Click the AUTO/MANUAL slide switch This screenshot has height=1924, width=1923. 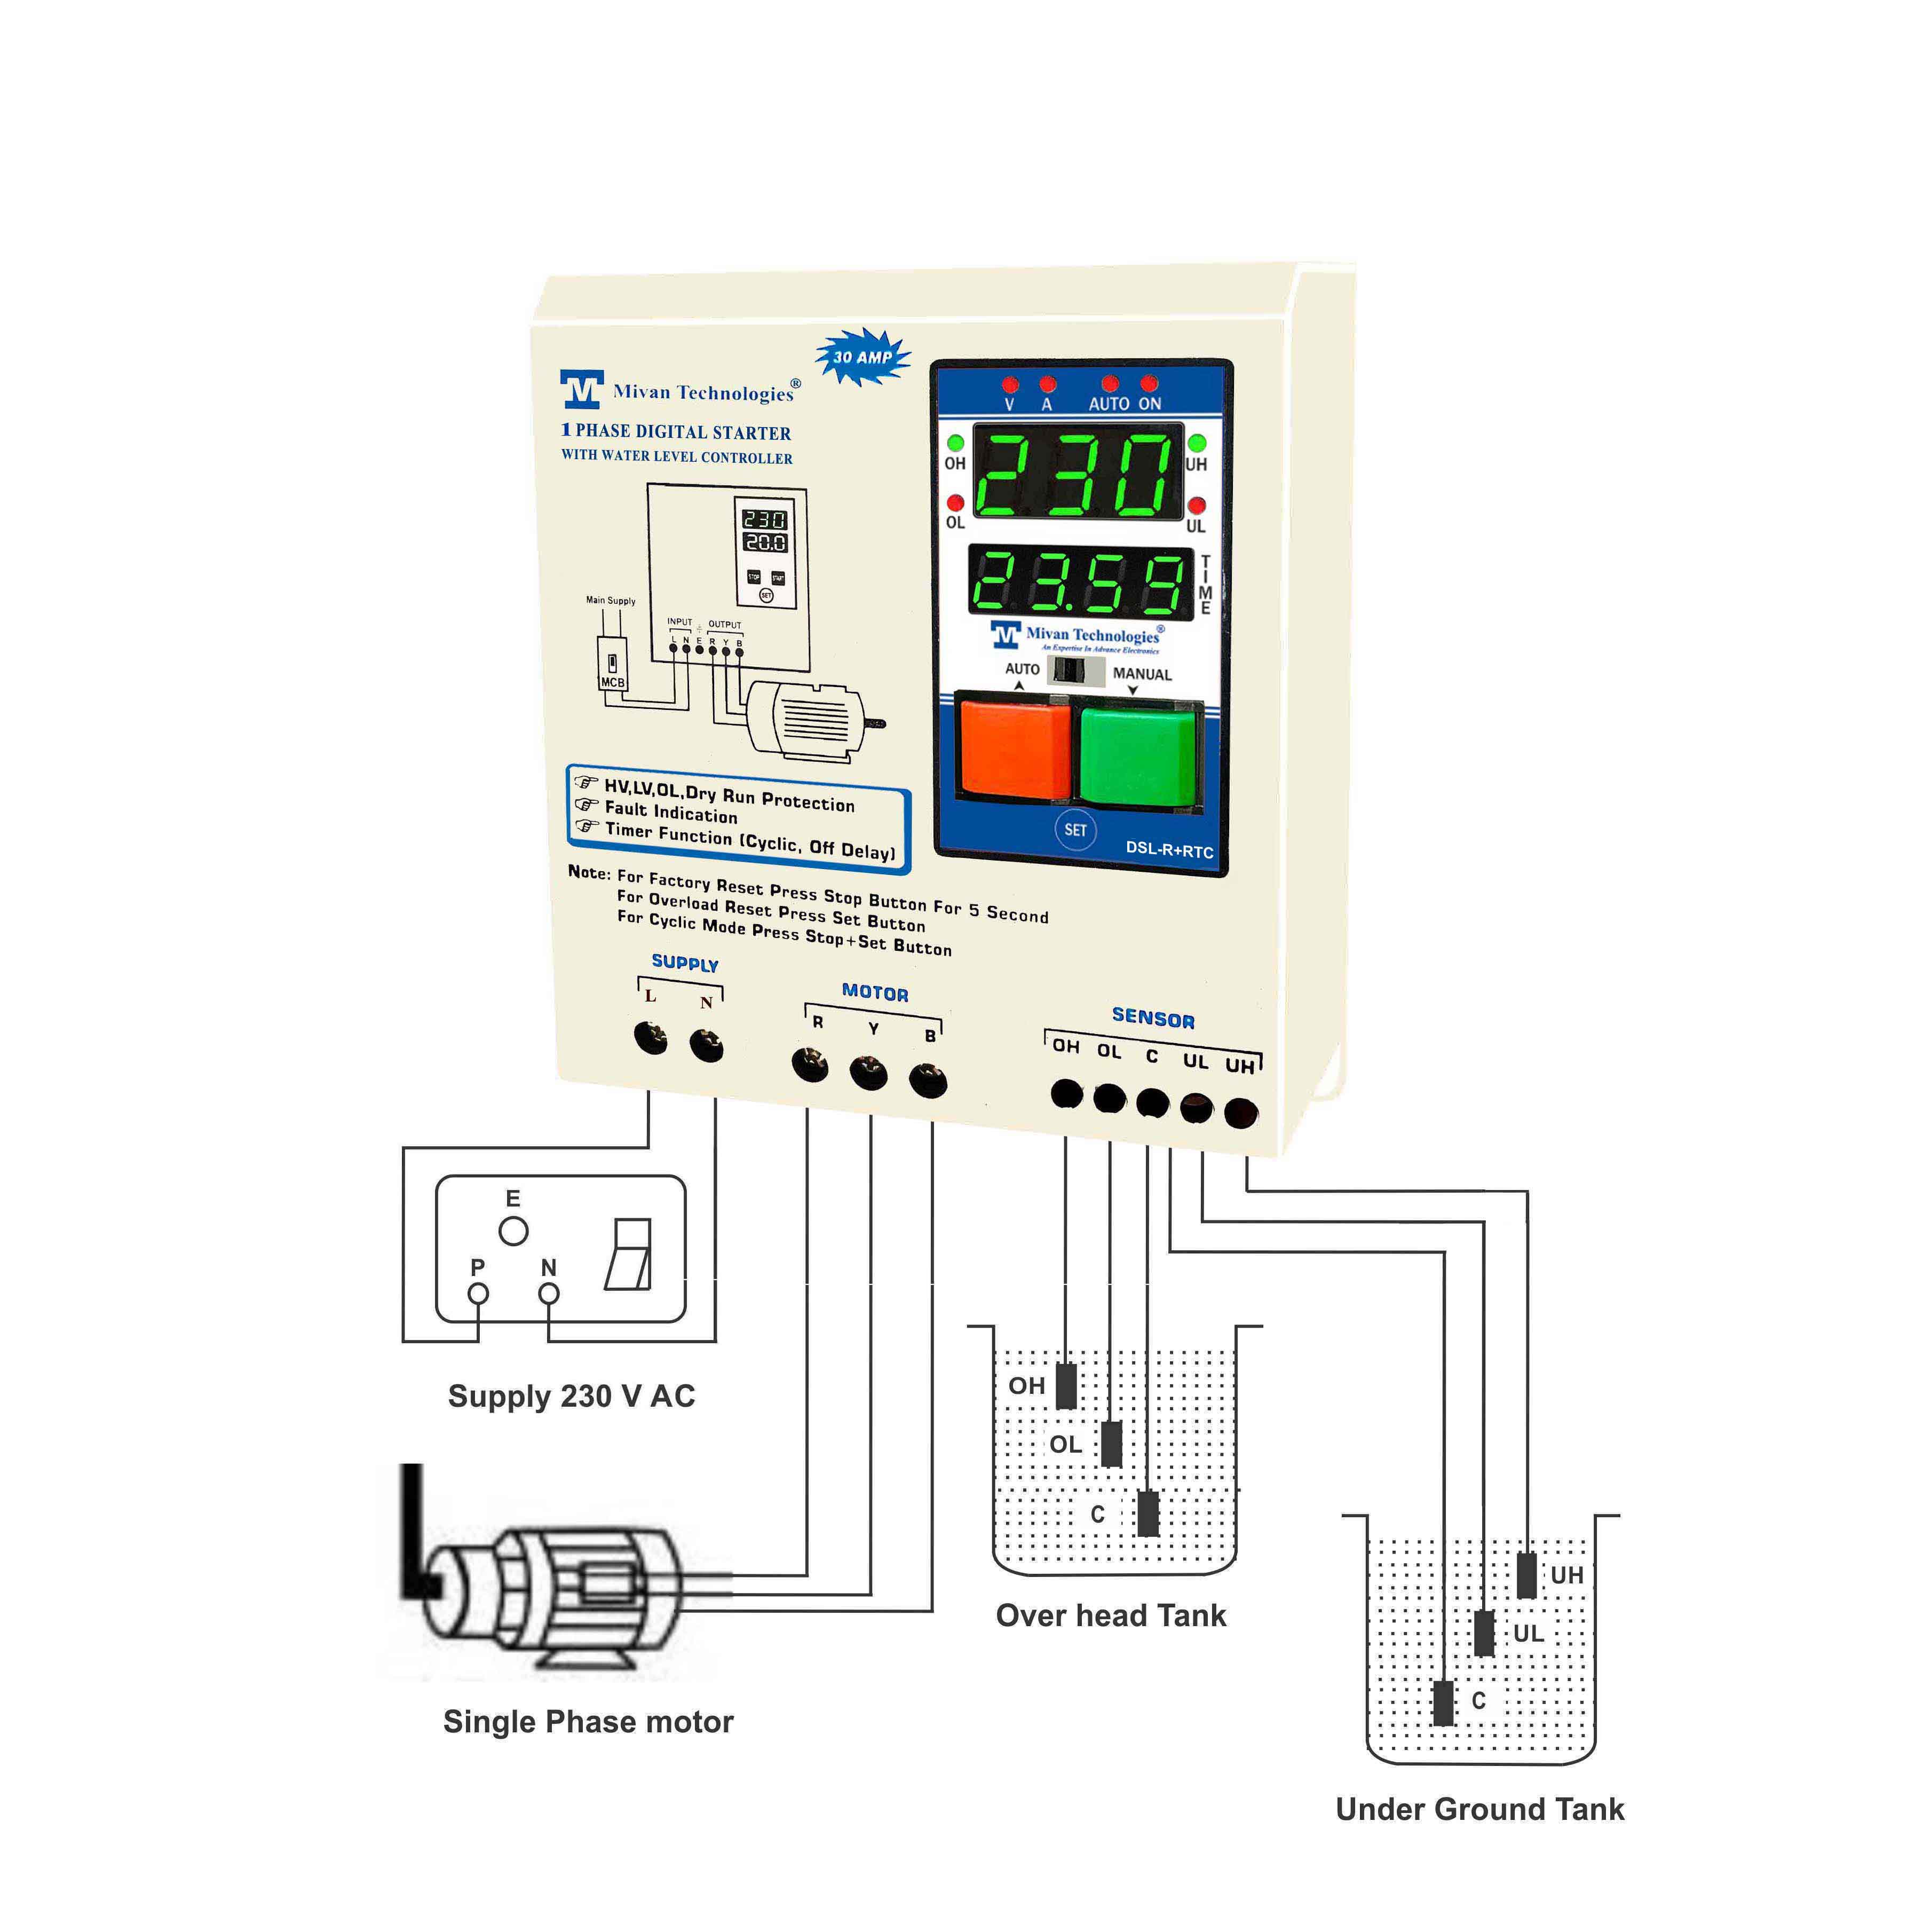pyautogui.click(x=1079, y=670)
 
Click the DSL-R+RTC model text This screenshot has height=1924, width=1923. pyautogui.click(x=1169, y=850)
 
